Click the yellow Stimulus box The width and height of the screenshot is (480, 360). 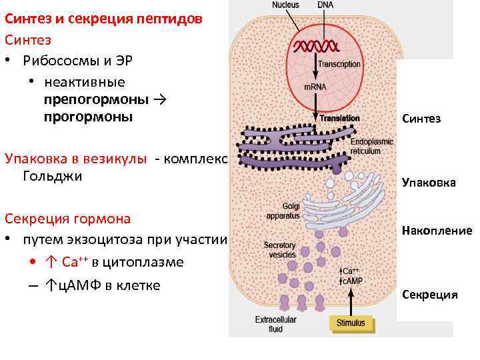pos(351,323)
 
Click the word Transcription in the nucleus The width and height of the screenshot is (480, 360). pos(339,65)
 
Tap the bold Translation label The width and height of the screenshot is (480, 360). pos(339,118)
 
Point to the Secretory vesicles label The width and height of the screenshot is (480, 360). pos(279,249)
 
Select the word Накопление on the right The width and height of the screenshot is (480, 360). pos(437,231)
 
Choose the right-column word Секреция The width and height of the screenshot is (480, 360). pos(429,295)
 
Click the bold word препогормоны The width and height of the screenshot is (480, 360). pos(97,100)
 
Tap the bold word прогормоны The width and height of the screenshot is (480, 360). pos(89,117)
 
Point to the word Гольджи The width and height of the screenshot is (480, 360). pos(53,177)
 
